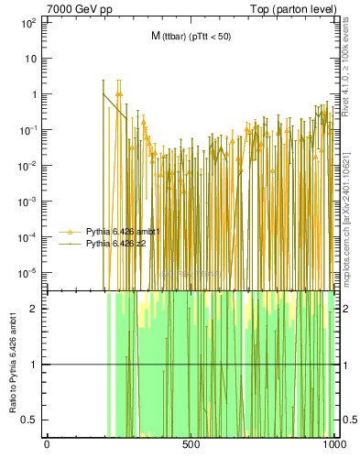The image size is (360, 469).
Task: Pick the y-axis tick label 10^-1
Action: tap(27, 129)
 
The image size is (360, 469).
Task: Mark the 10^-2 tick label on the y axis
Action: tap(27, 165)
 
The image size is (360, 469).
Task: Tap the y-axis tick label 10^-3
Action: tap(27, 201)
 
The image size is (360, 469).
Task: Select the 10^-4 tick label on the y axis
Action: tap(27, 236)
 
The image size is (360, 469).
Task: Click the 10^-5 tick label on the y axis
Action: tap(27, 272)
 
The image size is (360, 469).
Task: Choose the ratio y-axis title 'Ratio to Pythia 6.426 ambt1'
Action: tap(14, 365)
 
